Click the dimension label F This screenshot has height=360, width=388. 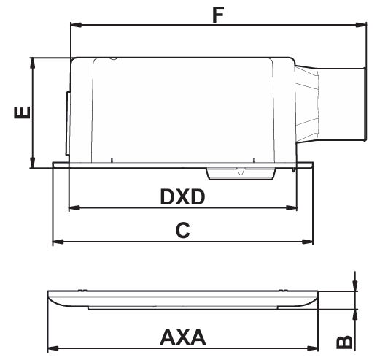click(218, 15)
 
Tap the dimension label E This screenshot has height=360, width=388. click(22, 112)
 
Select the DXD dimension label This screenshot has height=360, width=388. click(182, 196)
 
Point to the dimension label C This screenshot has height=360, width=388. click(182, 230)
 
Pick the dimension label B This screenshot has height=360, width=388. click(344, 342)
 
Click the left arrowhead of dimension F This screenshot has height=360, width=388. click(76, 25)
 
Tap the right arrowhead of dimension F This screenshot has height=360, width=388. click(361, 25)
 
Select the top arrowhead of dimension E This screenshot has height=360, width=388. click(32, 64)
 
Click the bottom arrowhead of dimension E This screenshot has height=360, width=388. click(32, 163)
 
